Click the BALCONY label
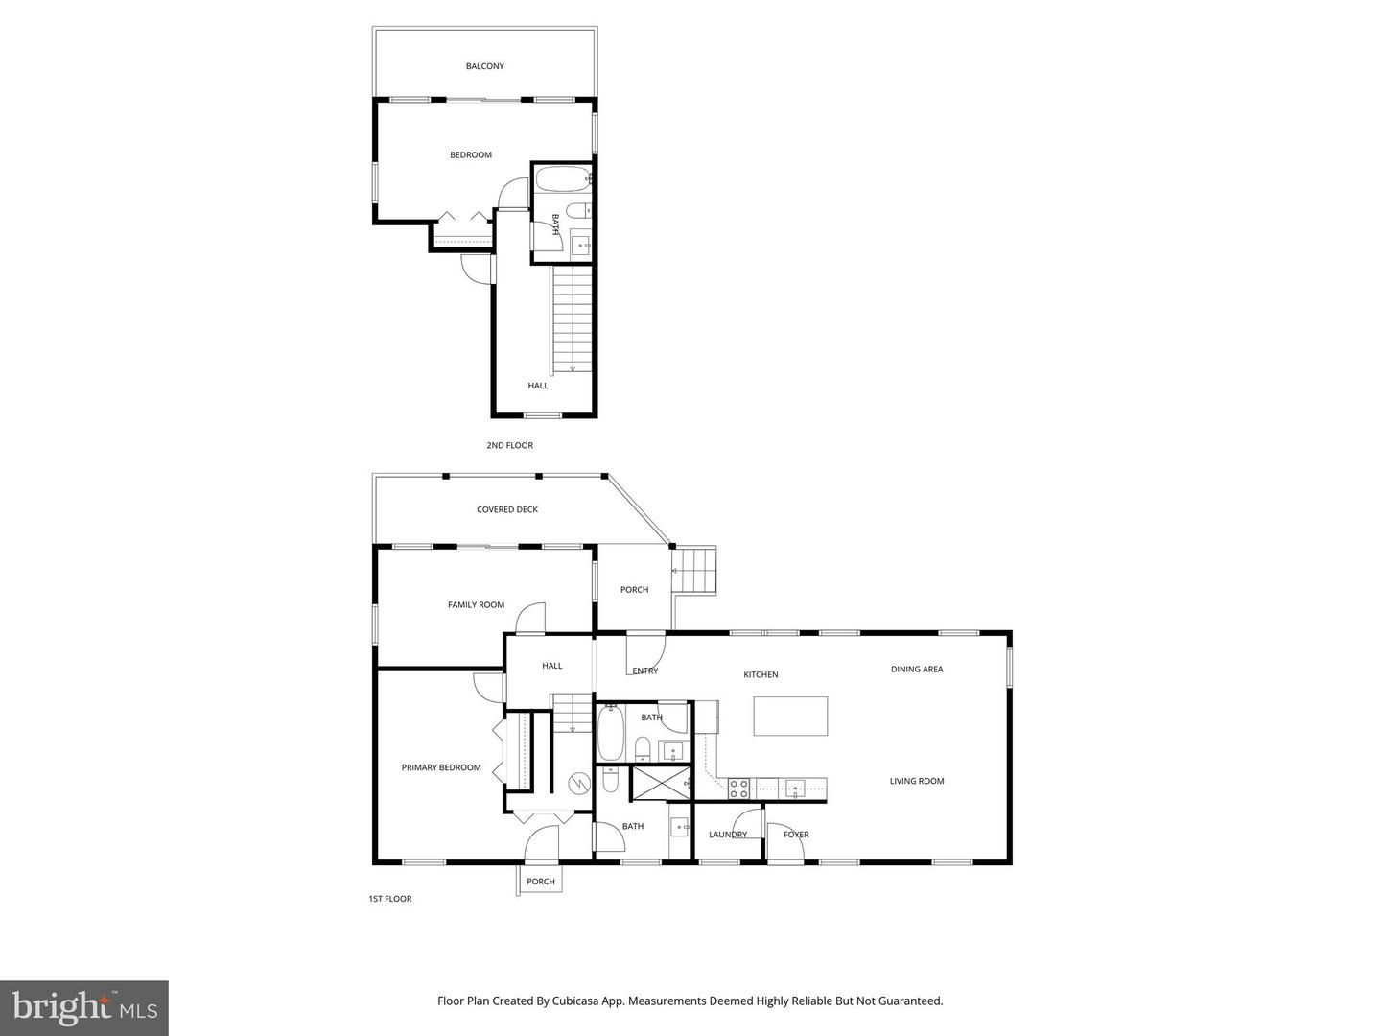[x=484, y=66]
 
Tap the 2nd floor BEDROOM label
[x=471, y=154]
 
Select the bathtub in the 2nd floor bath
[x=562, y=179]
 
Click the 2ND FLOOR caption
[x=509, y=445]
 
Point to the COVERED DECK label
[x=507, y=509]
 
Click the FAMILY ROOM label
[x=476, y=604]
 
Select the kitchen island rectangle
[x=790, y=716]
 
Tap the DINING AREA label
[x=917, y=669]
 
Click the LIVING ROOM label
[x=917, y=781]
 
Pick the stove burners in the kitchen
[x=738, y=789]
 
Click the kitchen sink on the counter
[x=794, y=789]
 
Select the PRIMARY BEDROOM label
[x=441, y=767]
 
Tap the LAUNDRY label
[x=728, y=835]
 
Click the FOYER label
[x=796, y=835]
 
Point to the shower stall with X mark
[x=660, y=782]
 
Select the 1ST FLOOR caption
[x=390, y=899]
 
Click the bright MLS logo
[x=84, y=1007]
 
